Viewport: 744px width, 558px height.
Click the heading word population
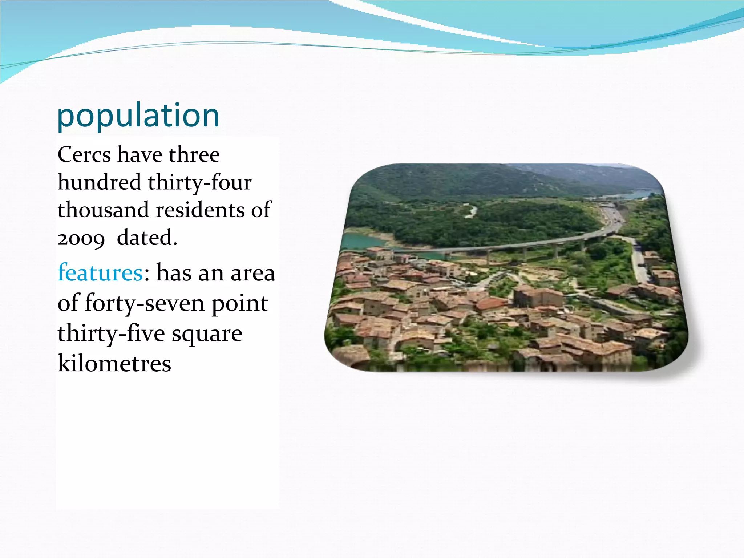pos(138,116)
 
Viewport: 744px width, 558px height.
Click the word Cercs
pos(84,155)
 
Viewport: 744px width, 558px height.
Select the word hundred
pos(99,182)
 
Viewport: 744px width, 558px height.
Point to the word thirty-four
pos(199,182)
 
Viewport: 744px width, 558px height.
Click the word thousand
pos(103,210)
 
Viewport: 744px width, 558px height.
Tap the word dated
pos(147,238)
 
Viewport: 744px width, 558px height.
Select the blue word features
pos(100,272)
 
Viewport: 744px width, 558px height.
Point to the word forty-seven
pos(145,303)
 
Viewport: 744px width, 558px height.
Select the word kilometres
pos(114,363)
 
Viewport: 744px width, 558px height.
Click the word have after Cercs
pos(139,155)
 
